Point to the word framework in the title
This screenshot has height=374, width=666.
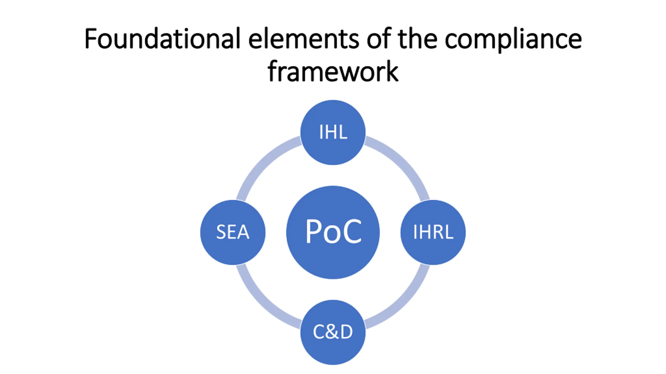click(x=333, y=71)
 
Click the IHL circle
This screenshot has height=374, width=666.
click(x=333, y=132)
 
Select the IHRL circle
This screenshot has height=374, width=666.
click(x=433, y=232)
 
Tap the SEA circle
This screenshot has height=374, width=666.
click(x=233, y=232)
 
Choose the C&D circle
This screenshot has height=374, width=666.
click(x=333, y=332)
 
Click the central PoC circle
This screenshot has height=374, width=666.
click(x=333, y=232)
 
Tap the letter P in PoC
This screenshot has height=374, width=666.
click(x=313, y=231)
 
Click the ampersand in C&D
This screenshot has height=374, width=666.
click(x=333, y=332)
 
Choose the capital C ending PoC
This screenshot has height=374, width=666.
click(x=353, y=231)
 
